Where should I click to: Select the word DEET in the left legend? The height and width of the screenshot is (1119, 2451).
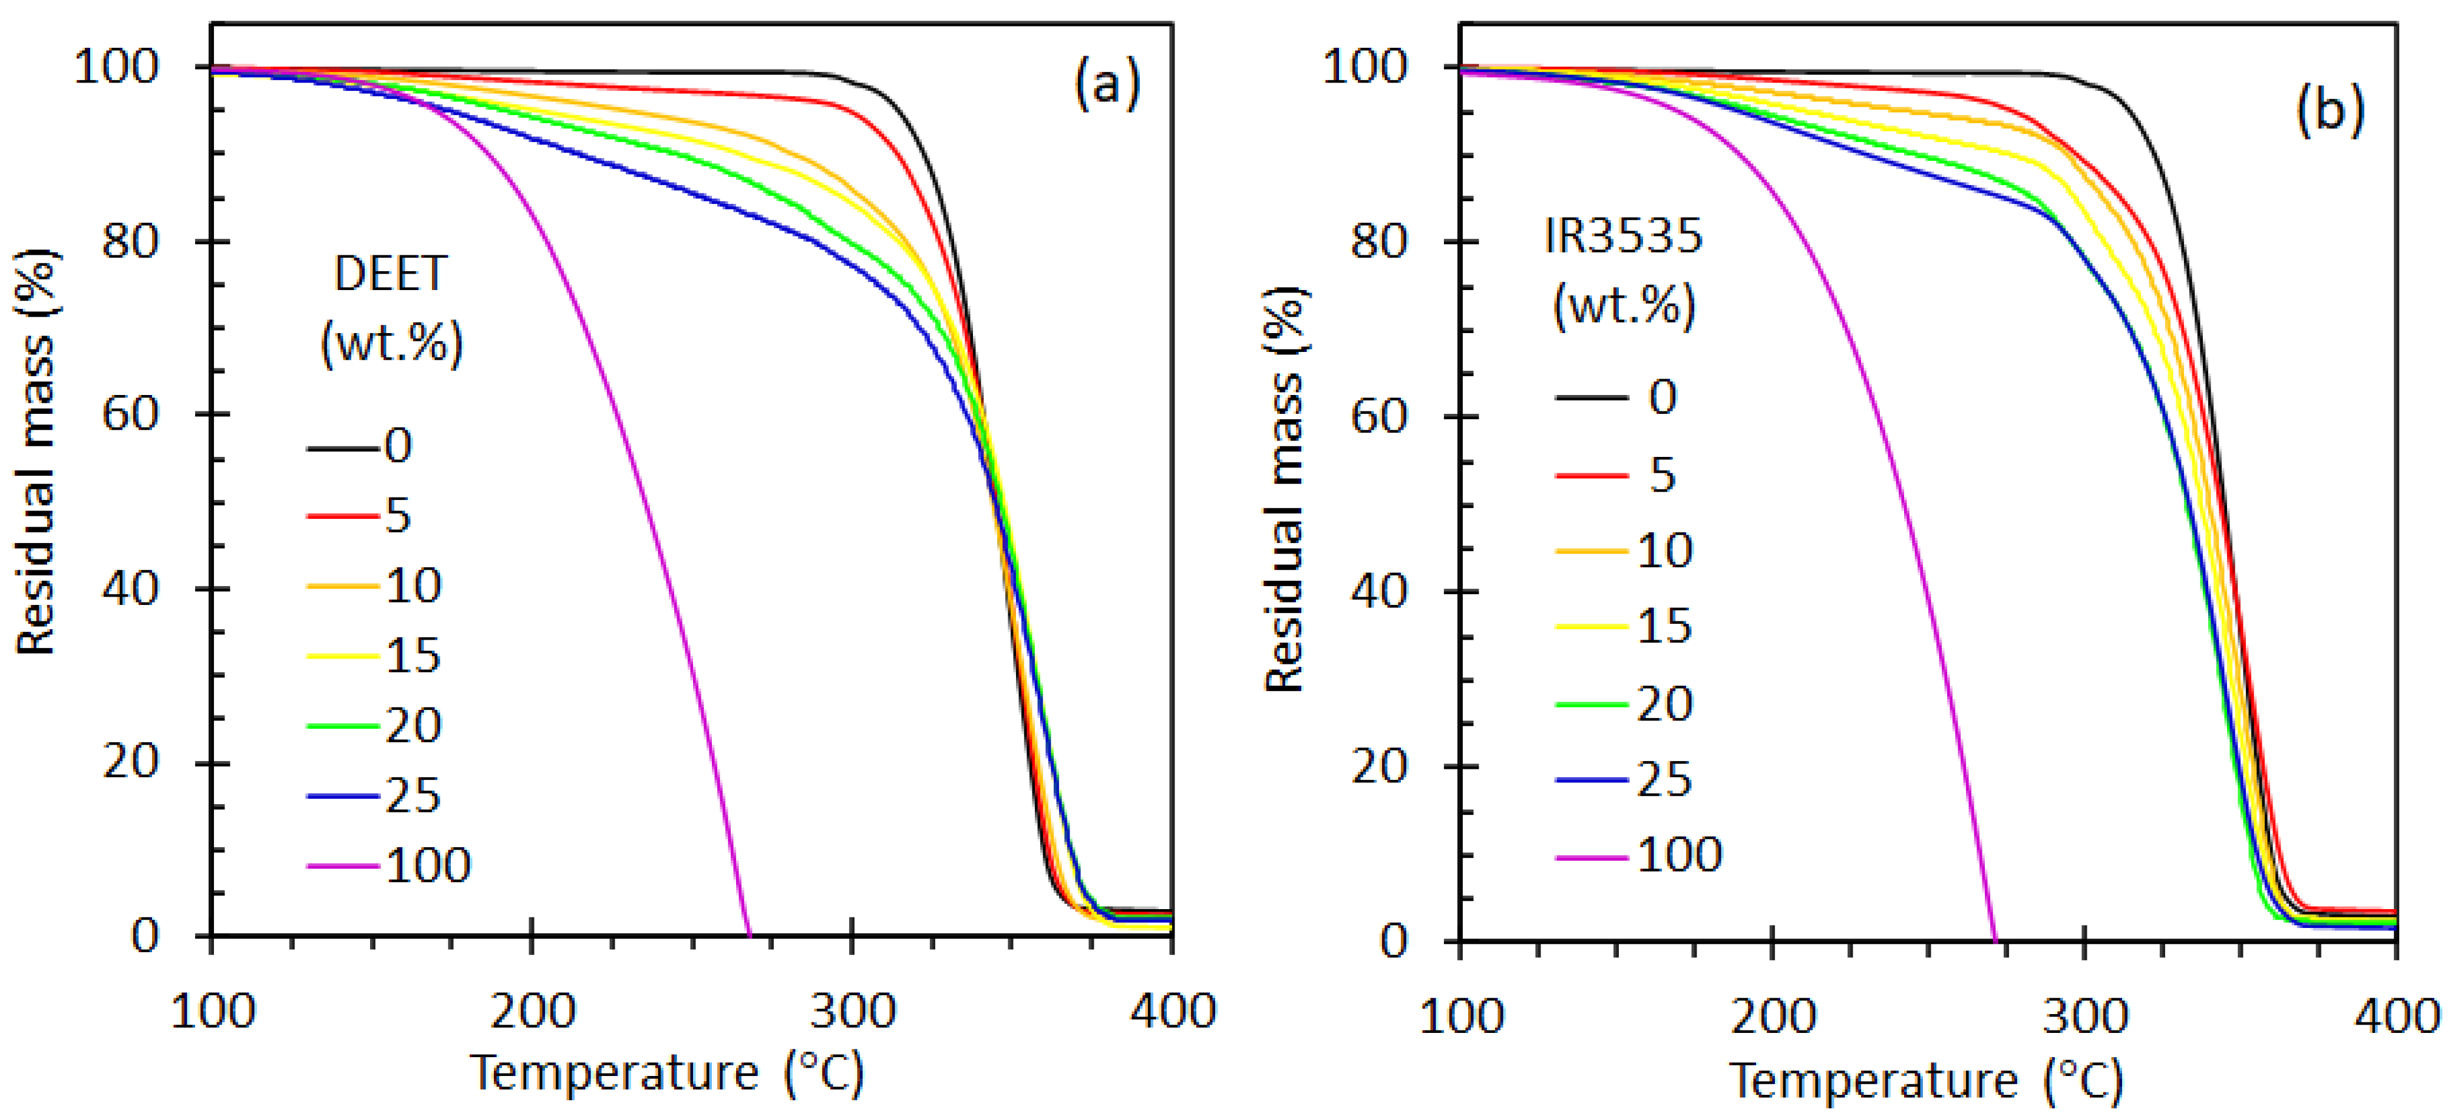tap(390, 275)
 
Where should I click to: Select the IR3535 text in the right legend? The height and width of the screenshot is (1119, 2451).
tap(1623, 235)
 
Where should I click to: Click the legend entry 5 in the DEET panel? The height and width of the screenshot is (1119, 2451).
tap(398, 516)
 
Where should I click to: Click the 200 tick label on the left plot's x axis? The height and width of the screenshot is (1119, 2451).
tap(532, 1011)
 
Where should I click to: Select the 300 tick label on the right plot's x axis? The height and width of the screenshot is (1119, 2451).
tap(2084, 1016)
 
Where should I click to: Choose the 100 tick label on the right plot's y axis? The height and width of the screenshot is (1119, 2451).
tap(1364, 68)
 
